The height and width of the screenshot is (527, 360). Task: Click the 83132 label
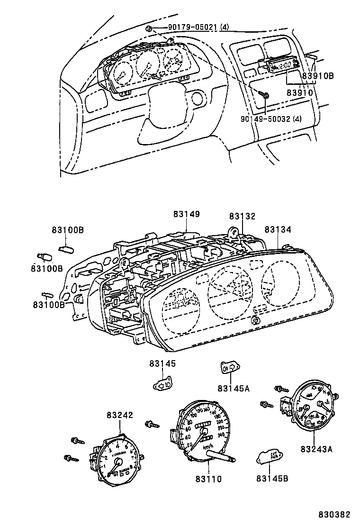tap(242, 216)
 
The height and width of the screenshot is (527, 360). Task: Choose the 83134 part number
tap(278, 229)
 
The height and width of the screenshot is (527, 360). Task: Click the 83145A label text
tap(233, 389)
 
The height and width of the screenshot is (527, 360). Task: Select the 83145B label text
tap(272, 479)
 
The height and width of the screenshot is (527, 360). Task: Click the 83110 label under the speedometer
tap(208, 479)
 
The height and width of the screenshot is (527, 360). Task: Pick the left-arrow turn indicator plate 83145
tap(164, 383)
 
